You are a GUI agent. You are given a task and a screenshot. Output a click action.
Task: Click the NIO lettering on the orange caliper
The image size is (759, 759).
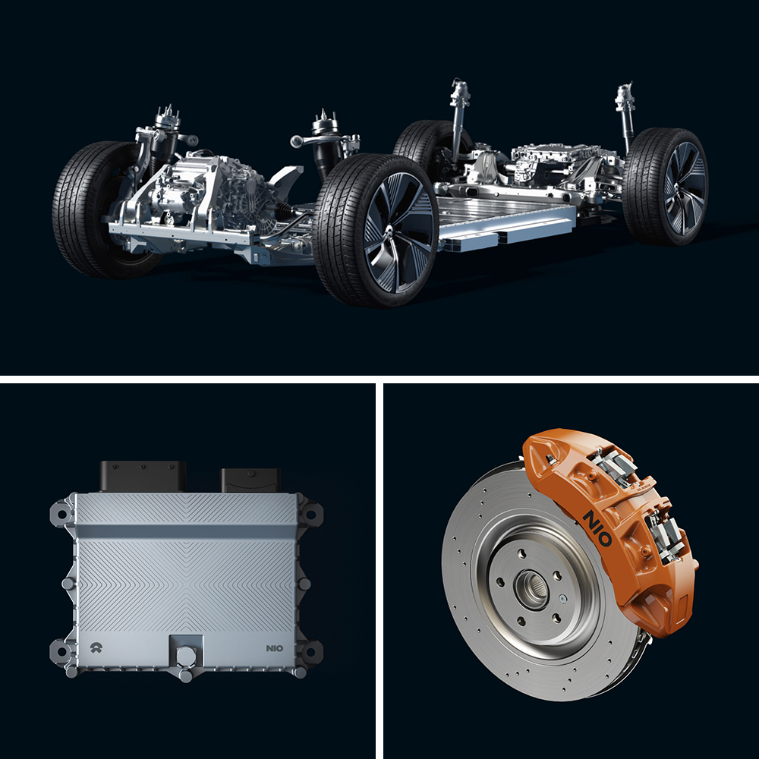pyautogui.click(x=597, y=523)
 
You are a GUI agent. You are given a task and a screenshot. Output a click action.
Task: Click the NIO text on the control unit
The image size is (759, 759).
pyautogui.click(x=276, y=649)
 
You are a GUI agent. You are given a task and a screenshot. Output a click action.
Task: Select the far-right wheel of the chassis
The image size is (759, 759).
pyautogui.click(x=666, y=187)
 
